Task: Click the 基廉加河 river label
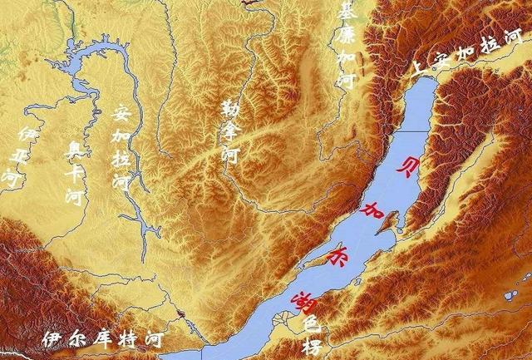click(346, 45)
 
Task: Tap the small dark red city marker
click(180, 314)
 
